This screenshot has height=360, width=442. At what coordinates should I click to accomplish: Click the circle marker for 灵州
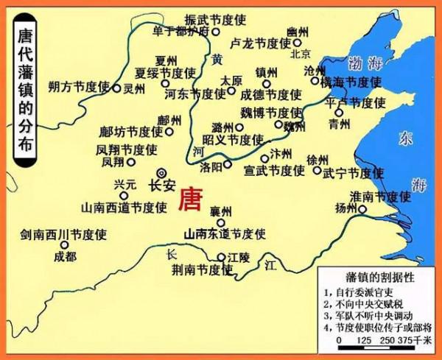coord(116,88)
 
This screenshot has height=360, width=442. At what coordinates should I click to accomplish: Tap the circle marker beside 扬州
coord(362,208)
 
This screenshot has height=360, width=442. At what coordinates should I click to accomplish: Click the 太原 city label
coord(231,80)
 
